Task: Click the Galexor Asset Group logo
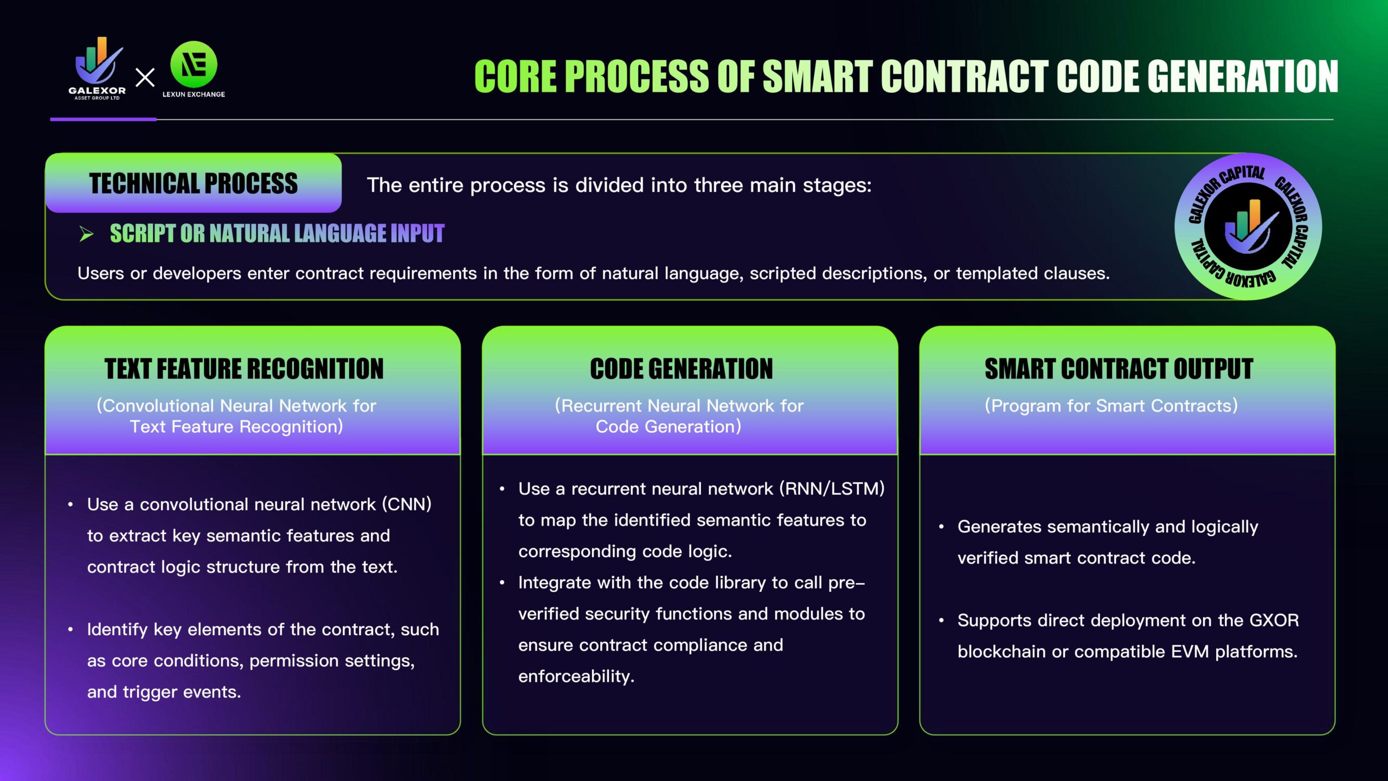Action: (x=98, y=68)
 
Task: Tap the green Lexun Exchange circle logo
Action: (x=194, y=64)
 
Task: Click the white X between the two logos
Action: (x=145, y=77)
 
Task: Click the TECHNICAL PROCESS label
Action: (x=194, y=183)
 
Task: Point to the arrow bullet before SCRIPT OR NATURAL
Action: (x=86, y=234)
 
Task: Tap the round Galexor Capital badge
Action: (x=1248, y=226)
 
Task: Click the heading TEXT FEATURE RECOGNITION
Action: (x=244, y=369)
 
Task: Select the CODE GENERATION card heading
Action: (x=682, y=369)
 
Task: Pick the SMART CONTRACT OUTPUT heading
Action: (x=1119, y=369)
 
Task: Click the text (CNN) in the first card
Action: (x=407, y=504)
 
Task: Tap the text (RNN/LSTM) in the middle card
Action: (x=832, y=489)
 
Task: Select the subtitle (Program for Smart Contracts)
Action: (x=1111, y=406)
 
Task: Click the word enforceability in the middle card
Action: (x=576, y=676)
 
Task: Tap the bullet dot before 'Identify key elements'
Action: (x=70, y=630)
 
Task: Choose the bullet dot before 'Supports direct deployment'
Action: (x=941, y=620)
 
